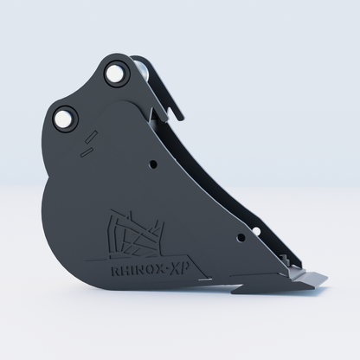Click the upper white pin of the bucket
pyautogui.click(x=114, y=73)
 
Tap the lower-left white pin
pyautogui.click(x=63, y=119)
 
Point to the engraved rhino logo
pyautogui.click(x=136, y=235)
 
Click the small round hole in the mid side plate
pyautogui.click(x=153, y=164)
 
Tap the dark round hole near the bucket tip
pyautogui.click(x=241, y=238)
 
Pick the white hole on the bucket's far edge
pyautogui.click(x=256, y=231)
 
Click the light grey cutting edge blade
pyautogui.click(x=308, y=279)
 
